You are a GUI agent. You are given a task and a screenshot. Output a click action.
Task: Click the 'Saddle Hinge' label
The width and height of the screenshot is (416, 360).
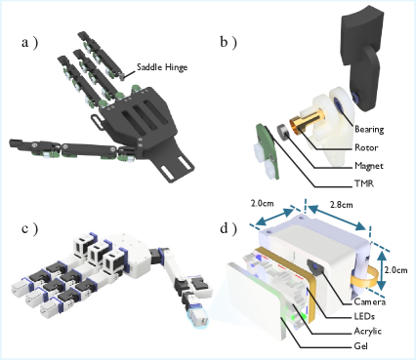(x=162, y=67)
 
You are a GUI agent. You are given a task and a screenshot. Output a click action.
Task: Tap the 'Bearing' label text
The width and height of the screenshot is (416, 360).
(x=369, y=130)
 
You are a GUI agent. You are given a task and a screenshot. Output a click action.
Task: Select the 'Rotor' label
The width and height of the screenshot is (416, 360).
(x=366, y=147)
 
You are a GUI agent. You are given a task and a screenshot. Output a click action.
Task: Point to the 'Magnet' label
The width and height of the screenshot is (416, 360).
(x=369, y=166)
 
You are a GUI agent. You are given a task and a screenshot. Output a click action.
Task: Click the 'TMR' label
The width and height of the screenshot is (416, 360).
(x=364, y=183)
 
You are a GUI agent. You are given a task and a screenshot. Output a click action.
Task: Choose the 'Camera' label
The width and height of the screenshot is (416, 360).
(x=370, y=301)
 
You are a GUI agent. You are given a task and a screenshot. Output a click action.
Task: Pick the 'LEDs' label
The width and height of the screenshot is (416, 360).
(x=364, y=316)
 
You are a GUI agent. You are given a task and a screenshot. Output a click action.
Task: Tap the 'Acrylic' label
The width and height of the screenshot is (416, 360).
(x=368, y=332)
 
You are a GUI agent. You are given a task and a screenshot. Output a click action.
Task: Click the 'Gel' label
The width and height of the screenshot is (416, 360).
(x=360, y=345)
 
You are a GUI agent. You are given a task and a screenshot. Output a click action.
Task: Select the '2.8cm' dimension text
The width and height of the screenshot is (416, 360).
(x=341, y=205)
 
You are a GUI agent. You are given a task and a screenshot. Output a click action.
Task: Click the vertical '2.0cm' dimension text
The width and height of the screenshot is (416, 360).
(x=395, y=270)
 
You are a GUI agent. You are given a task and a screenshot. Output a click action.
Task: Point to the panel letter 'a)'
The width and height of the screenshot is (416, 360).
(x=29, y=42)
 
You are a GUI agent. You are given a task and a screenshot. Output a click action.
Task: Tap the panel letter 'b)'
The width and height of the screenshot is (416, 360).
(x=229, y=42)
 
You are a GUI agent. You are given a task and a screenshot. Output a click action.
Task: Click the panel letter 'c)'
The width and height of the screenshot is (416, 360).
(x=29, y=228)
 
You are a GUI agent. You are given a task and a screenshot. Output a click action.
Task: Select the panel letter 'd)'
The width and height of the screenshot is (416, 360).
(x=229, y=228)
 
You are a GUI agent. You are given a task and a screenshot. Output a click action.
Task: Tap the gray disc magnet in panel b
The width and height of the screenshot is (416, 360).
(x=283, y=132)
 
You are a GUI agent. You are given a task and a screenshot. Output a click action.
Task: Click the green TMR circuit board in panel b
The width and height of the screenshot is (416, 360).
(x=268, y=150)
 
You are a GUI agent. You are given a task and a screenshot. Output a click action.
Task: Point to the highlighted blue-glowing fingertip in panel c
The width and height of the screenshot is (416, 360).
(x=197, y=316)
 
